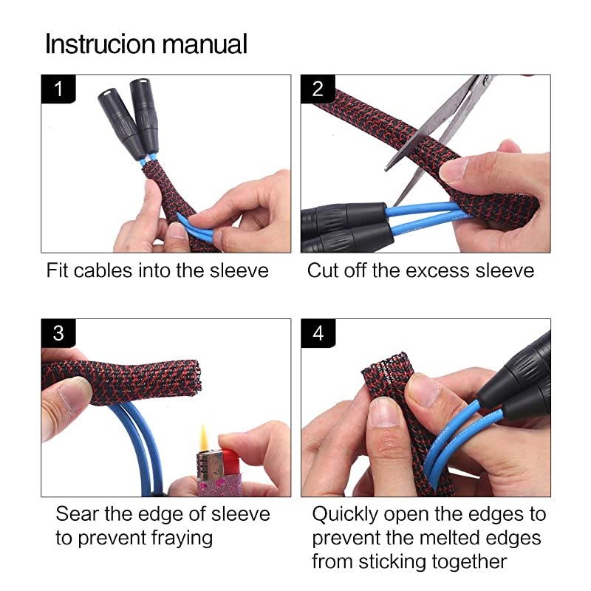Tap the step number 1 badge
58,90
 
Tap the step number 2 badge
318,90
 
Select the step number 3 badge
58,334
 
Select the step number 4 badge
318,334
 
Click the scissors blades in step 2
436,118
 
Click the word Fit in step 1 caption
58,270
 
